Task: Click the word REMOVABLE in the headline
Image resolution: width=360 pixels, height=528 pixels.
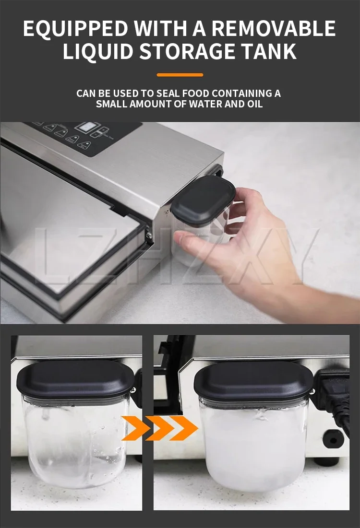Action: click(x=274, y=28)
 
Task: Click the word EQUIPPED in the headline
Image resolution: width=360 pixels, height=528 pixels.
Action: click(x=75, y=28)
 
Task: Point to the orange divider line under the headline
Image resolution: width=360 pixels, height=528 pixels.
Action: click(x=180, y=75)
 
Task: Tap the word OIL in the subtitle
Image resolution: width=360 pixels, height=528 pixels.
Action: click(x=255, y=104)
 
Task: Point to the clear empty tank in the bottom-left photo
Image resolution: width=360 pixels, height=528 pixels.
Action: click(x=76, y=442)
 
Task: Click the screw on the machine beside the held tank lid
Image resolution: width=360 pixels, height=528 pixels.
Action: click(x=167, y=212)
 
